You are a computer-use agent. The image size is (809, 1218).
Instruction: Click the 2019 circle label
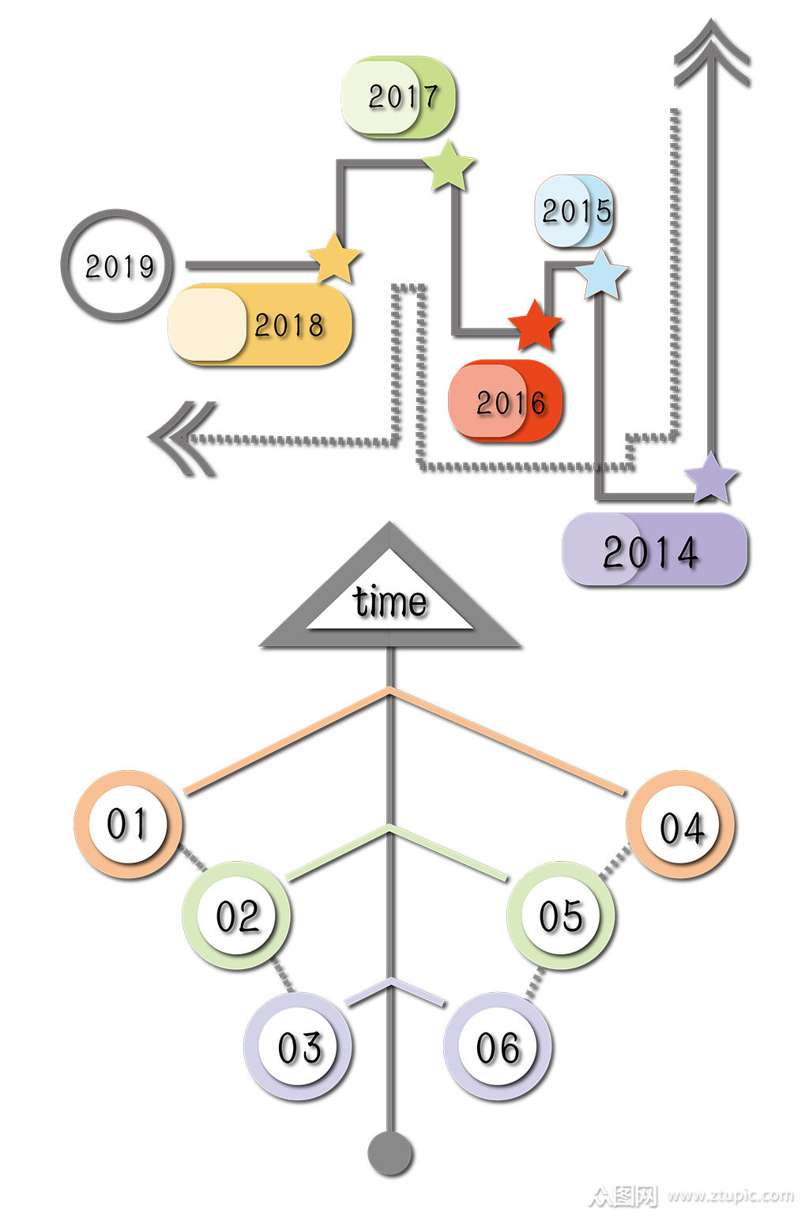tap(117, 265)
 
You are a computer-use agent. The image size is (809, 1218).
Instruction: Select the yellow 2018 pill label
tap(260, 325)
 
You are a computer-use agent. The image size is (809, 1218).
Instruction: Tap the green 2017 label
tap(399, 97)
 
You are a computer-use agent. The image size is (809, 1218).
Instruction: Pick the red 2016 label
tap(506, 401)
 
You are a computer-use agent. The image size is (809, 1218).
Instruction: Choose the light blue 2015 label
tap(574, 211)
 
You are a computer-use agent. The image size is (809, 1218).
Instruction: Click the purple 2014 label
tap(654, 550)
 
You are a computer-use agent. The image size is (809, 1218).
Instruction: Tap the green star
tap(449, 166)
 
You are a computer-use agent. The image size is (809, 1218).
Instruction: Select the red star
tap(535, 325)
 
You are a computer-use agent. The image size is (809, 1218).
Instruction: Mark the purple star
tap(711, 478)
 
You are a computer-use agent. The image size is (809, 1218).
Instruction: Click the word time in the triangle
tap(389, 602)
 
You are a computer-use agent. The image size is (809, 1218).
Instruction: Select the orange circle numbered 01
tap(128, 824)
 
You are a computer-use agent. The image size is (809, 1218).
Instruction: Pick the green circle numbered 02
tap(237, 915)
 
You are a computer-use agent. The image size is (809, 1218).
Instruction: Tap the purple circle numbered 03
tap(299, 1047)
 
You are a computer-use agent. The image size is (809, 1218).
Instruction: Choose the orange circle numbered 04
tap(680, 825)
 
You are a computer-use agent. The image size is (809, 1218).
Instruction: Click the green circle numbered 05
tap(560, 915)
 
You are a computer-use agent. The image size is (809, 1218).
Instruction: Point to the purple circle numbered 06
tap(498, 1047)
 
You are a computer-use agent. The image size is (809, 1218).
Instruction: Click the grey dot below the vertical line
tap(390, 1152)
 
